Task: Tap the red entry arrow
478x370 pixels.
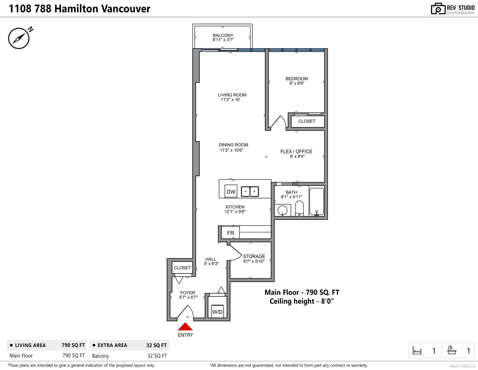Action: (x=185, y=326)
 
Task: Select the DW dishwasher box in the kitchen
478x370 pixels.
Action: (x=231, y=191)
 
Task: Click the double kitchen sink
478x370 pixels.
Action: (x=250, y=191)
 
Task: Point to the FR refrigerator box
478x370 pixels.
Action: (x=230, y=233)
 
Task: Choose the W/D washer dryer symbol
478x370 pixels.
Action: (x=217, y=311)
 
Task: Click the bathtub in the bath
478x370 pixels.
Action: (x=317, y=201)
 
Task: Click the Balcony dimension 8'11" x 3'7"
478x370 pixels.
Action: (x=223, y=40)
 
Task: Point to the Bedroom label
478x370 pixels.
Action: (x=297, y=79)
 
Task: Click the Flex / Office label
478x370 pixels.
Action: (x=296, y=151)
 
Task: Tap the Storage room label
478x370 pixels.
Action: (x=254, y=256)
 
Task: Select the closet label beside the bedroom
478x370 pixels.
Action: (x=307, y=121)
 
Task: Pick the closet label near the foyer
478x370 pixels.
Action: (x=182, y=268)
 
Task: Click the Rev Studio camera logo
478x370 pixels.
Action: (x=438, y=9)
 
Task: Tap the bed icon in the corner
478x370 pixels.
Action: (x=417, y=351)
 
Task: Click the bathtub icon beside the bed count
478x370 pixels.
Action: (x=452, y=350)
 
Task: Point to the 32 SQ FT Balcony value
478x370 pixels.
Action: (x=157, y=356)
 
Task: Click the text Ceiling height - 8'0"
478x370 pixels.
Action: (x=301, y=301)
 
